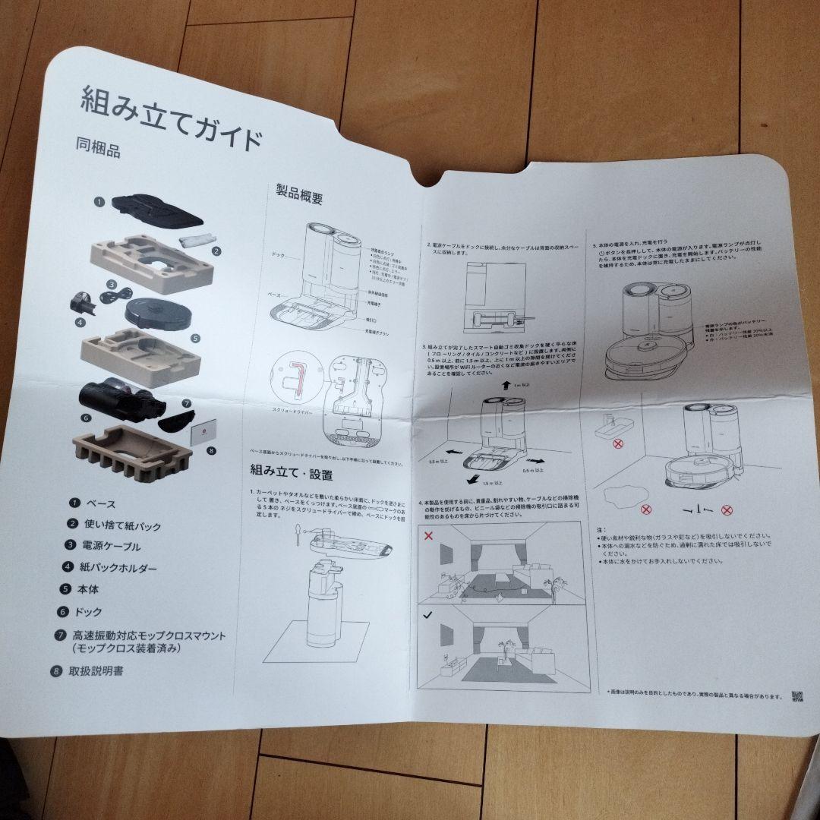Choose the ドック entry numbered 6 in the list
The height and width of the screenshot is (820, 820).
[x=87, y=612]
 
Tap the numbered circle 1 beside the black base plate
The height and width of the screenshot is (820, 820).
[x=99, y=203]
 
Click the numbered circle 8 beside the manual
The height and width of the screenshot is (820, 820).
[x=210, y=450]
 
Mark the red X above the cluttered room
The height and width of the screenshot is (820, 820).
[x=429, y=535]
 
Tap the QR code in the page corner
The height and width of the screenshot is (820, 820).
[x=796, y=698]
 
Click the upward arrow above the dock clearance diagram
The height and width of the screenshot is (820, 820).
[x=504, y=386]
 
